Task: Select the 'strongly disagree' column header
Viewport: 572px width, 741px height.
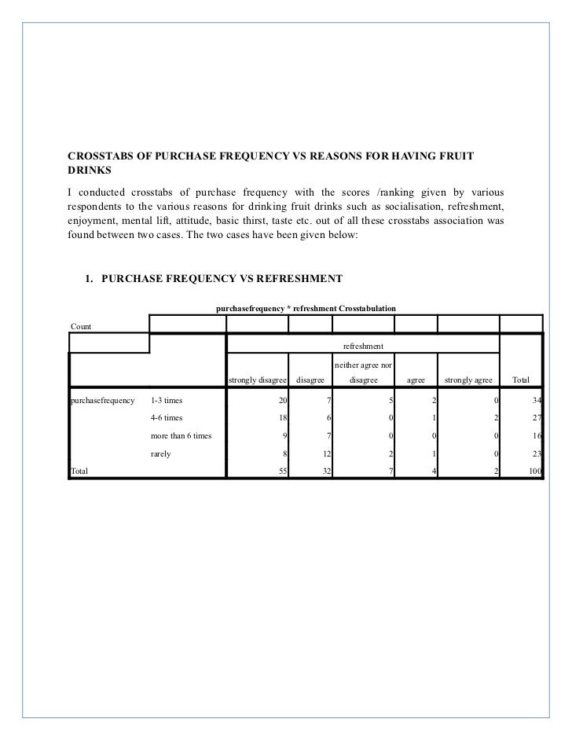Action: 257,380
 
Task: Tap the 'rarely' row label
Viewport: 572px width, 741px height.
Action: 161,453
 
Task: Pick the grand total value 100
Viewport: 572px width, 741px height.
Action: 535,471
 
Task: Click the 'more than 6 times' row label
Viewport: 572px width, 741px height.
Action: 181,435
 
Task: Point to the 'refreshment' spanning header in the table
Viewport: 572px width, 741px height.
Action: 363,347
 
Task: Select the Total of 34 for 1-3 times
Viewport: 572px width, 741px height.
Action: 537,399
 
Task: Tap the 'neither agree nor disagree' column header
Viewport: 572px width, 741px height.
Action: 363,372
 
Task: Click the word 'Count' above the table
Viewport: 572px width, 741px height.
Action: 81,326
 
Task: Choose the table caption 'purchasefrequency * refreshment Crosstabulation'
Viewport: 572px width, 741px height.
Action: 306,307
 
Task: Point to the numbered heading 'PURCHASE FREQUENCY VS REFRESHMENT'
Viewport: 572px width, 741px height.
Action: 222,277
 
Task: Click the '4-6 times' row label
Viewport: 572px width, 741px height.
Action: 167,417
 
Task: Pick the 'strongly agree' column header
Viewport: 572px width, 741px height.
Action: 468,380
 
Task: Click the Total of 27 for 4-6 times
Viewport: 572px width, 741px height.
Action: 537,417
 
